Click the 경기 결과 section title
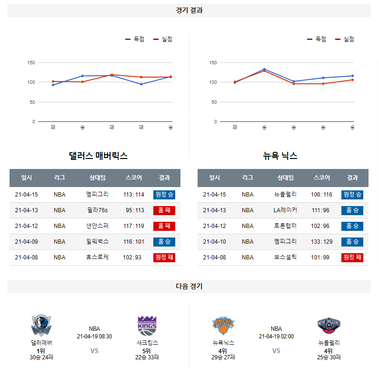click(189, 10)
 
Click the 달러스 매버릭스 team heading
click(98, 156)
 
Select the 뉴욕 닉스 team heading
click(280, 156)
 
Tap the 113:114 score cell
click(133, 195)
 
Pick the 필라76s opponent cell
click(98, 210)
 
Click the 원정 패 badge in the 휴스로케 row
click(164, 257)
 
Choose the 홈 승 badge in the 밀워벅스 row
click(164, 242)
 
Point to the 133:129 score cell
click(321, 242)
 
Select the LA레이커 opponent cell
click(285, 210)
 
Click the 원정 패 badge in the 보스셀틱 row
click(352, 257)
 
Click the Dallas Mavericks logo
click(41, 326)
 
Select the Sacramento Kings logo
click(147, 326)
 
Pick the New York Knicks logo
click(223, 326)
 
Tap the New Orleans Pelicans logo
click(329, 326)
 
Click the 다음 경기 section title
click(189, 287)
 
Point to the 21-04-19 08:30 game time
click(94, 336)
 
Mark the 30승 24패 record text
click(41, 357)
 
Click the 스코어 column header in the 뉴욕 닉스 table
click(321, 178)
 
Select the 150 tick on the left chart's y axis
click(31, 62)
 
